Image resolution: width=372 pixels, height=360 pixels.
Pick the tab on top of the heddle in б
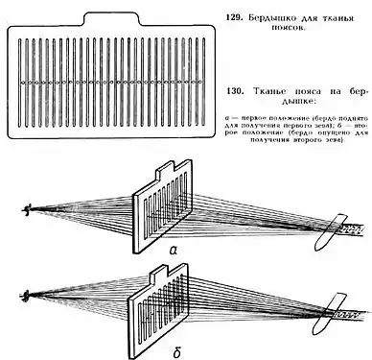tap(170, 255)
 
